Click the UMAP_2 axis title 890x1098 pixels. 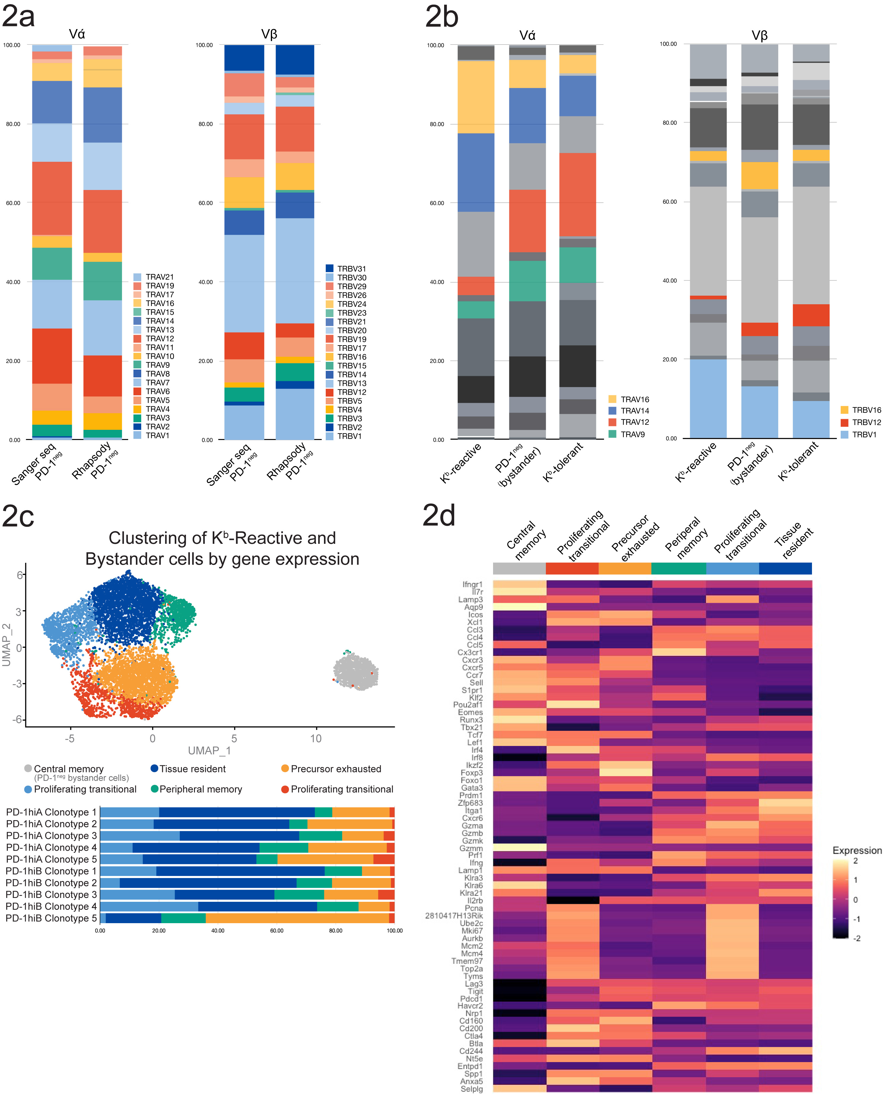coord(7,645)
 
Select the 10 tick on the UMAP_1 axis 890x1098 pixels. coord(316,739)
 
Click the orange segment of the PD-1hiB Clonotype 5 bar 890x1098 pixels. coord(297,918)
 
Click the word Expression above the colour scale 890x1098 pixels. coord(857,850)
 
